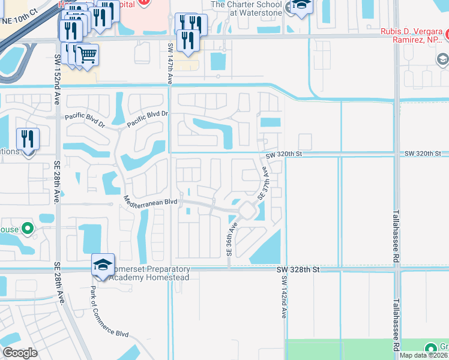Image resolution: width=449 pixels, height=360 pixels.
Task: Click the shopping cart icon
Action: pyautogui.click(x=88, y=55)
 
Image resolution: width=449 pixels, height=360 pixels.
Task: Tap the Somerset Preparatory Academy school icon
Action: pyautogui.click(x=103, y=265)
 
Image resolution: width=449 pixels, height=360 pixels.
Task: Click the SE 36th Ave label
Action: pyautogui.click(x=231, y=239)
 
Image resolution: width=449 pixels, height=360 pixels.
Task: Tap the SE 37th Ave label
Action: pyautogui.click(x=263, y=184)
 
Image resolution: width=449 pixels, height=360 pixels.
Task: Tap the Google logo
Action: pyautogui.click(x=20, y=352)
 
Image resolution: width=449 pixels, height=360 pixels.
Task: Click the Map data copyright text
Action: pyautogui.click(x=424, y=355)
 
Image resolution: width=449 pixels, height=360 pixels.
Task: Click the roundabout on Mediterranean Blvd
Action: pyautogui.click(x=246, y=211)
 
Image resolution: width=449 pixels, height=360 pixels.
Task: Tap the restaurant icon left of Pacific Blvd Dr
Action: pyautogui.click(x=28, y=139)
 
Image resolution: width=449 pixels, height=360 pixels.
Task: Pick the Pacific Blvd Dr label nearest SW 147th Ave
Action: pyautogui.click(x=148, y=116)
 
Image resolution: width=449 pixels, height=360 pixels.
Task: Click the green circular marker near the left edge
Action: pyautogui.click(x=26, y=229)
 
